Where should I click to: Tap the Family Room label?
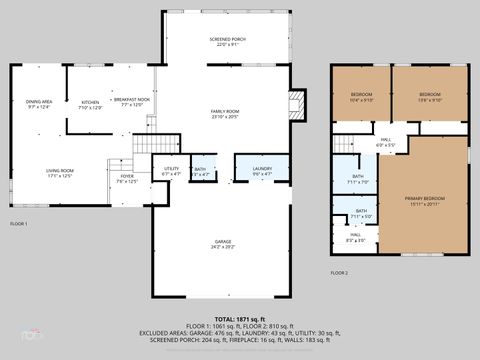coord(224,113)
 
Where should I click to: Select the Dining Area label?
coord(39,103)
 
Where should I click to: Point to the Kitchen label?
coord(91,104)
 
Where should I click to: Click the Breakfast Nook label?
coord(131,102)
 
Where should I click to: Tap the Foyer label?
coord(127,179)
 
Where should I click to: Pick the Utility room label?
coord(171,172)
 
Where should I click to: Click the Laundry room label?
coord(262,171)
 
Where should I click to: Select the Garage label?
coord(223,243)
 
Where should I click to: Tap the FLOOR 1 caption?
coord(18,223)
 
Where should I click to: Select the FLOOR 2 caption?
coord(340,272)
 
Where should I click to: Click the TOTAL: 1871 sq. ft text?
coord(240,318)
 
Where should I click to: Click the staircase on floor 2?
coord(346,143)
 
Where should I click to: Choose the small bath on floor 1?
coord(199,172)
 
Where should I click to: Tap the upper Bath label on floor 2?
coord(357,179)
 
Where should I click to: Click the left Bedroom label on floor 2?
coord(361,97)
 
